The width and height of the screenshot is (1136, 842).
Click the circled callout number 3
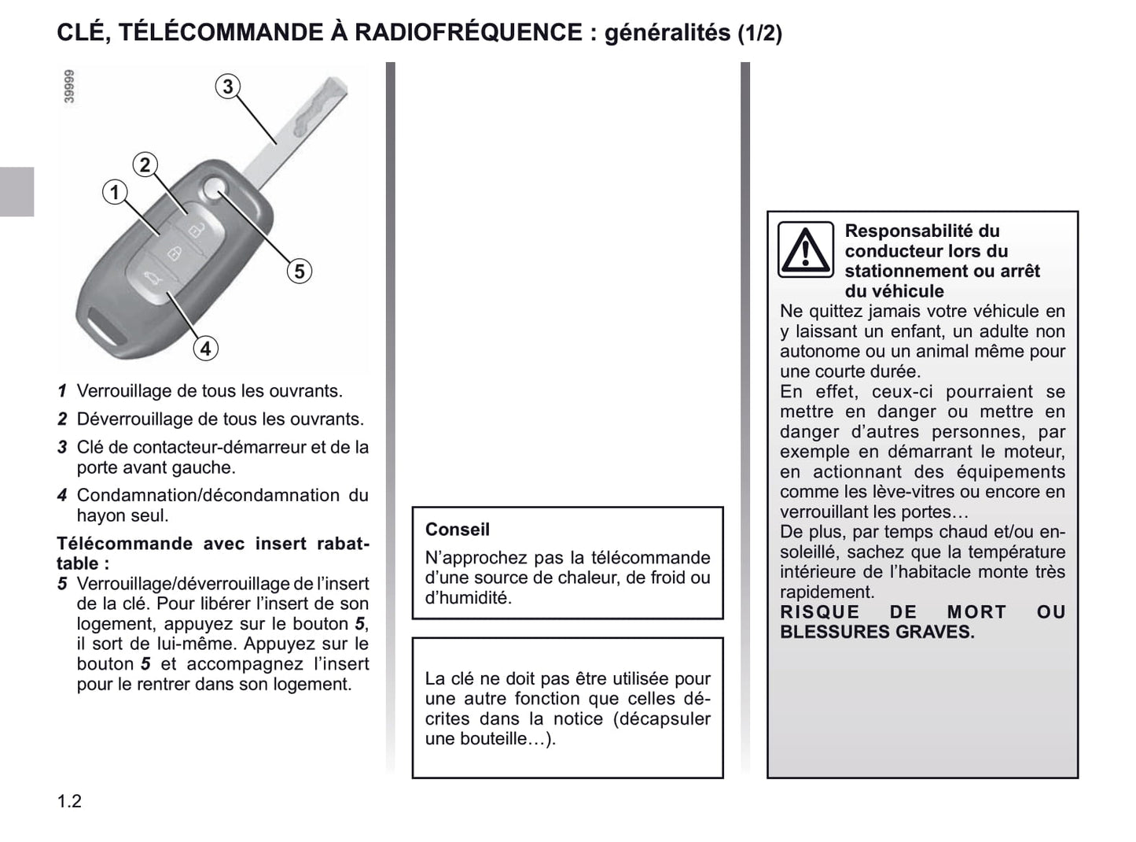coord(227,87)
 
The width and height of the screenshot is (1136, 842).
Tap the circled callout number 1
coord(115,192)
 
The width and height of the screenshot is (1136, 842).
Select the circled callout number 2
coord(145,165)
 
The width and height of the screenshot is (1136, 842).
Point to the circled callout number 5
coord(299,271)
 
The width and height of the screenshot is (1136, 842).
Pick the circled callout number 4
coord(205,348)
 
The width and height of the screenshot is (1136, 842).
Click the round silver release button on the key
coord(213,188)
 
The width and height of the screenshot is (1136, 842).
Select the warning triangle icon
coord(805,250)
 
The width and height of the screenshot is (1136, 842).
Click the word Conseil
coord(458,530)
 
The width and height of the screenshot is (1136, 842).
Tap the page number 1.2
coord(69,801)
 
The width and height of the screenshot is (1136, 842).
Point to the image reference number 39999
coord(69,87)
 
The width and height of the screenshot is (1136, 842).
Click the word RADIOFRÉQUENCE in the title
coord(469,33)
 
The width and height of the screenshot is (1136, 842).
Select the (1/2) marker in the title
coord(760,34)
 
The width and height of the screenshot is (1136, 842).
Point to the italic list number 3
coord(62,448)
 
